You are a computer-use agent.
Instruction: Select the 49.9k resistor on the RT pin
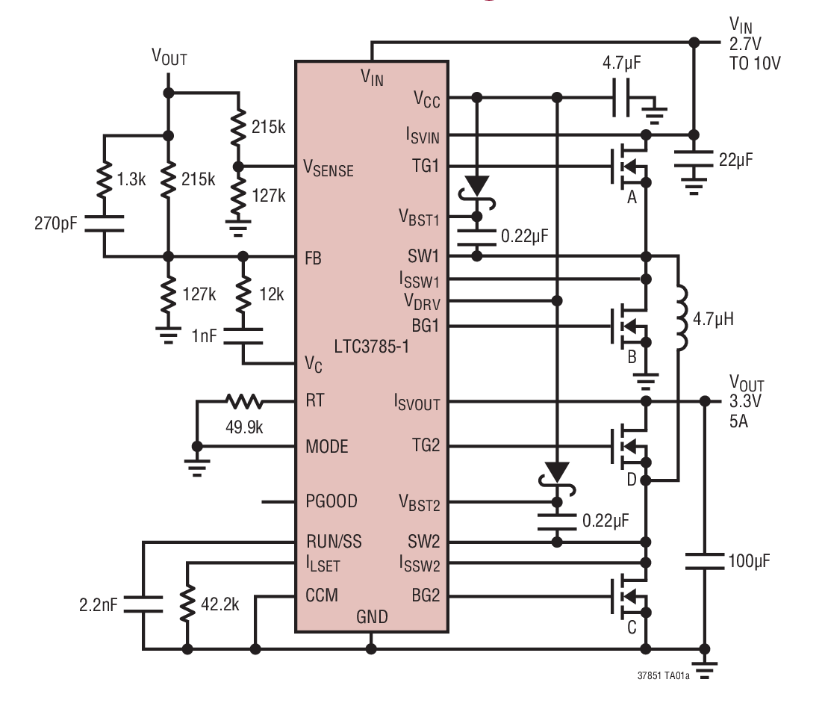[244, 402]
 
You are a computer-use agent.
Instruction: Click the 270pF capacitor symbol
[104, 223]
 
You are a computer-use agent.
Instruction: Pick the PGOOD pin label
[332, 501]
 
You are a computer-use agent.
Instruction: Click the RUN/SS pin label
[334, 542]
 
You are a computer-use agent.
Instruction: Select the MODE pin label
[327, 447]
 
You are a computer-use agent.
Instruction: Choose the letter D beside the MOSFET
[631, 478]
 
